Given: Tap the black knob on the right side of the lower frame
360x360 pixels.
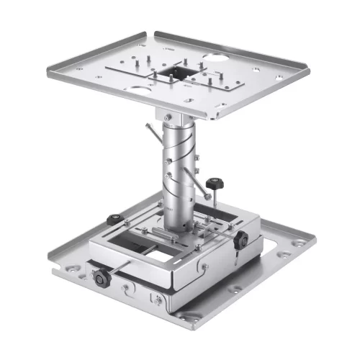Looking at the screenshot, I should point(241,238).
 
